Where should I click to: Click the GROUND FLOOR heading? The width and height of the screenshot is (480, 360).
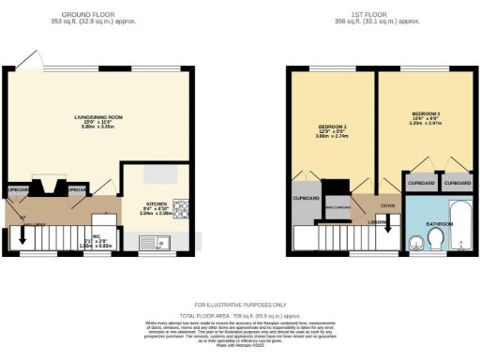pos(87,14)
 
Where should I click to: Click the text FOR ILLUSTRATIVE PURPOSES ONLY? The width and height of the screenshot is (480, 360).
pos(239,306)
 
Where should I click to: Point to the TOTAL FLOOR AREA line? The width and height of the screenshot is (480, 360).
pos(239,316)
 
